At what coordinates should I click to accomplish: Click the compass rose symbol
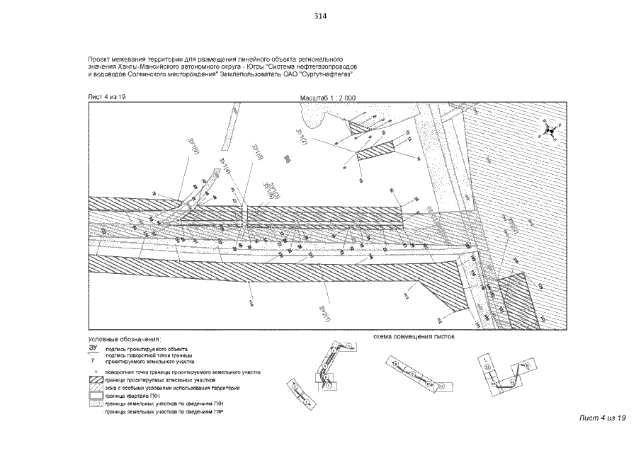549,131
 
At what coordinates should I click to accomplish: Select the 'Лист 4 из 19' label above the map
106,96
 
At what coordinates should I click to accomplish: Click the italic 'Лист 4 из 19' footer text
603,418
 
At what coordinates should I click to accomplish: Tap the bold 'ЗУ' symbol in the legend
93,348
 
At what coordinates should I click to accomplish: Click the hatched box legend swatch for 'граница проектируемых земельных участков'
95,380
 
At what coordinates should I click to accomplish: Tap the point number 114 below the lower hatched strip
250,304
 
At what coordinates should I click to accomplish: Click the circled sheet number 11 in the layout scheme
440,387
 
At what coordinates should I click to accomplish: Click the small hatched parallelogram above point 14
375,152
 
